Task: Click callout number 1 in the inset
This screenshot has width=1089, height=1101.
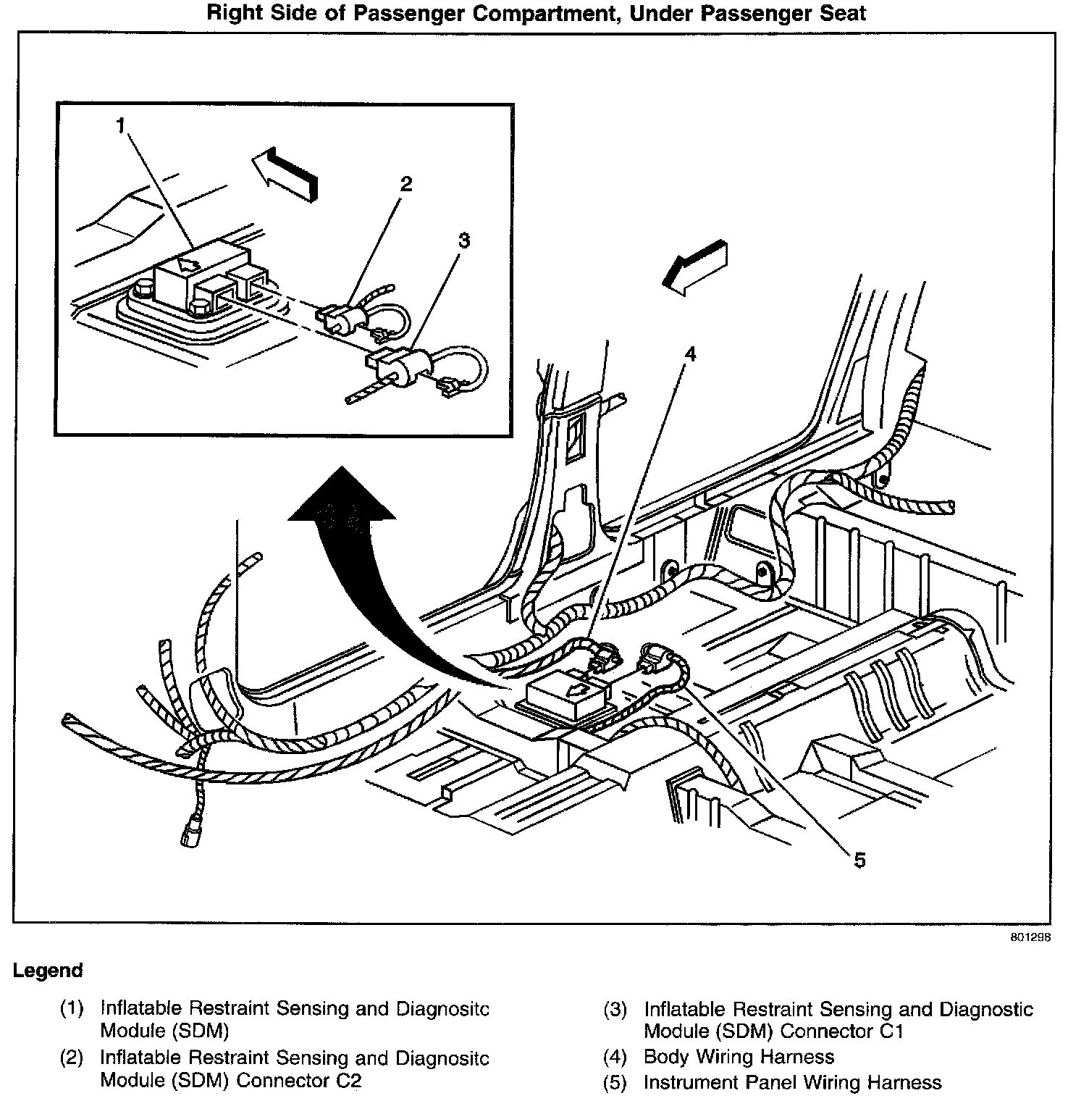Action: coord(121,126)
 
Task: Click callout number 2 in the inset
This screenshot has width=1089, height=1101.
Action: coord(405,184)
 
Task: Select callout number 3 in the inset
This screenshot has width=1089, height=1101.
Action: coord(463,240)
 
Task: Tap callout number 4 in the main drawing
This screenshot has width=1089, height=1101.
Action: coord(689,354)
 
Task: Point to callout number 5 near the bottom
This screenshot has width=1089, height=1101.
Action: coord(859,861)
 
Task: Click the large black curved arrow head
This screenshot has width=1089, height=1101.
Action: coord(341,500)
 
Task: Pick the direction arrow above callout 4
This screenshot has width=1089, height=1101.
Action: coord(695,267)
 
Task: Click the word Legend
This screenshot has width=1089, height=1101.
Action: coord(48,971)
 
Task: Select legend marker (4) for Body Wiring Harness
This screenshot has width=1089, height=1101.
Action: coord(614,1057)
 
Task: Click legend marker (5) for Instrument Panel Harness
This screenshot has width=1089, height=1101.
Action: coord(614,1083)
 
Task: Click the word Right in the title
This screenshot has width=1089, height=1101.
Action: coord(232,12)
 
